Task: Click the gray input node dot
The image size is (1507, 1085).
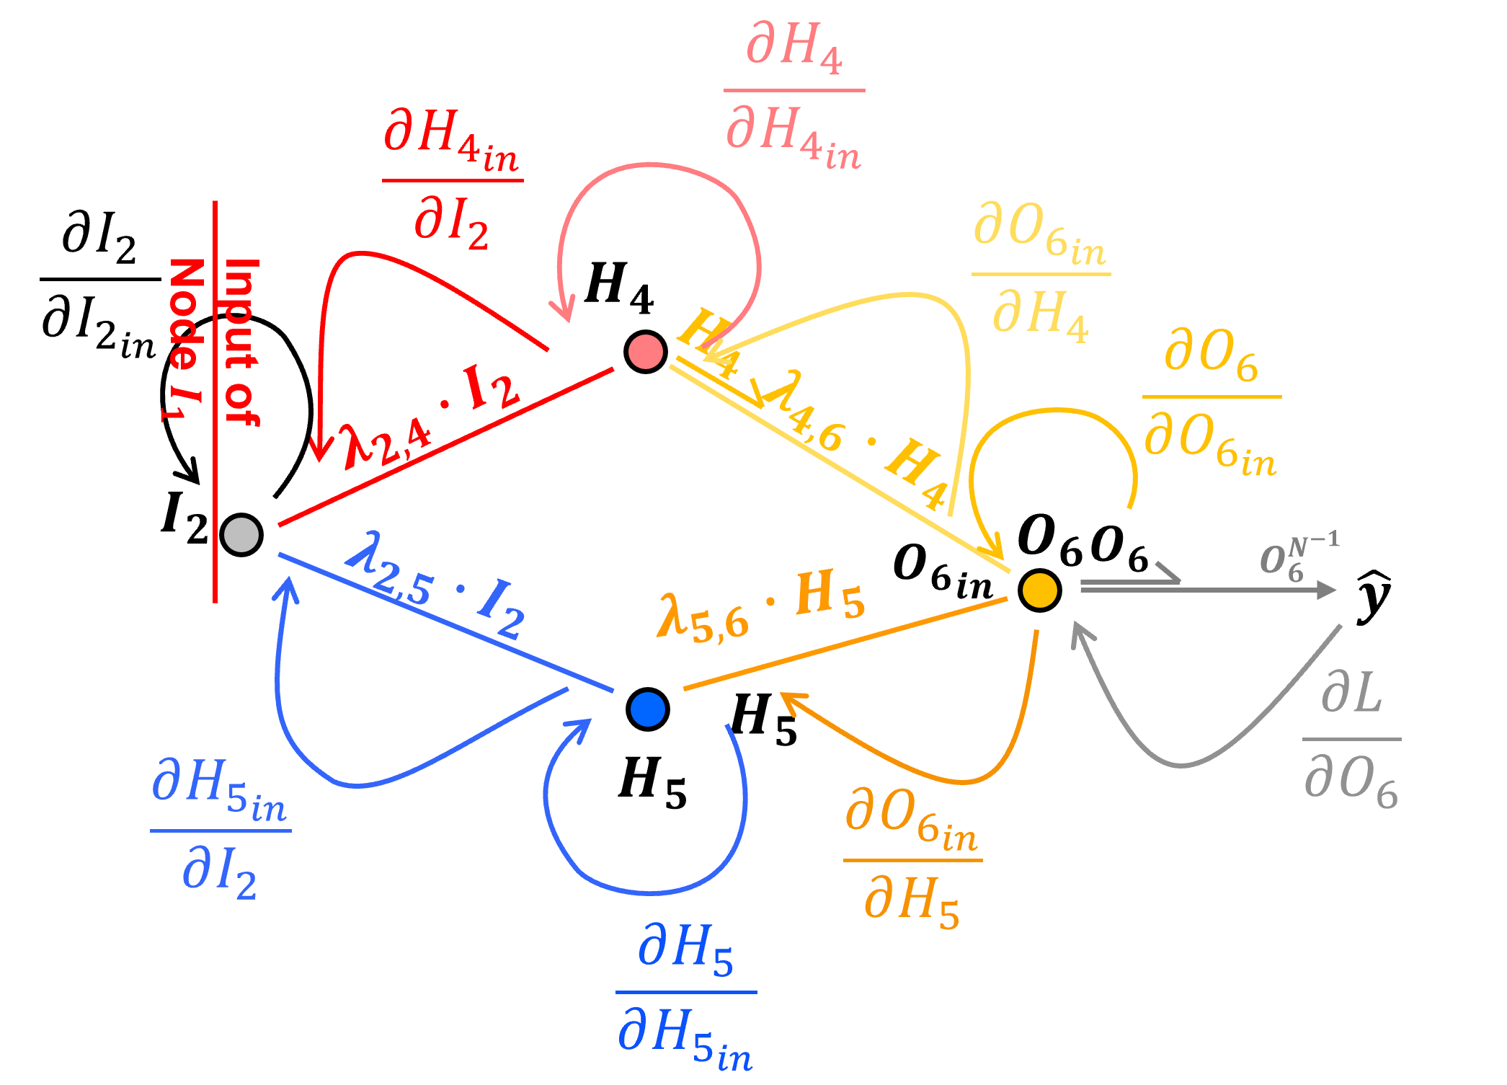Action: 241,535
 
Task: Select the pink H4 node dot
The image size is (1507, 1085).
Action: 645,352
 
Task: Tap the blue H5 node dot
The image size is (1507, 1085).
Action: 647,709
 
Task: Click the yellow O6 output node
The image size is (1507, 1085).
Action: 1040,589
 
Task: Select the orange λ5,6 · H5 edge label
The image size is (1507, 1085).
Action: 760,606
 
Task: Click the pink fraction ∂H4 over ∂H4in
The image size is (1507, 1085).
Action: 793,94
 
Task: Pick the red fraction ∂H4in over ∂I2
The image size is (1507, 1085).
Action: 452,180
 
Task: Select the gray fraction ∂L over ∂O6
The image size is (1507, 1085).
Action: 1351,740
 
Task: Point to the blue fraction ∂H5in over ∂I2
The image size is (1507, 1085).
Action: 220,829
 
